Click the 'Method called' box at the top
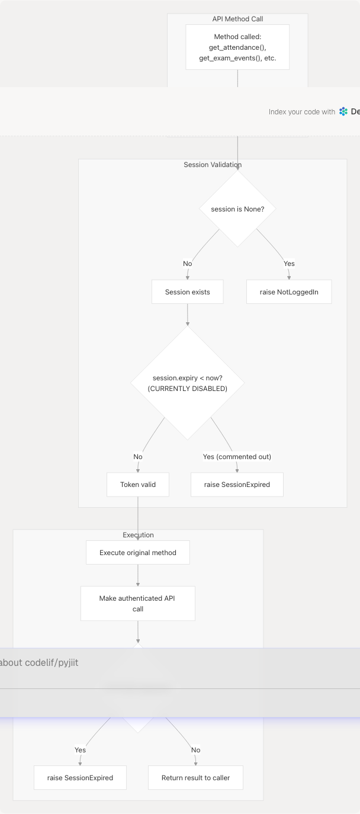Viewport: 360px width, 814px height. tap(237, 47)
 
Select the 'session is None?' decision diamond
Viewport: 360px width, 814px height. tap(237, 209)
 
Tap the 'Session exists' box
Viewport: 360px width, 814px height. tap(187, 292)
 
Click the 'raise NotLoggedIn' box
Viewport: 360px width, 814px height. tap(288, 292)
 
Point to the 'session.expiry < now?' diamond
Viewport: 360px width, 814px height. tap(188, 383)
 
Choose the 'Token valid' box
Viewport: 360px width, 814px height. tap(138, 485)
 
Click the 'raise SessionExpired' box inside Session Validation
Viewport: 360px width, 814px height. tap(237, 485)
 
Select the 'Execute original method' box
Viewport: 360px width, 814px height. tap(138, 553)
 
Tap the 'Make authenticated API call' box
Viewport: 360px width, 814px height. tap(138, 604)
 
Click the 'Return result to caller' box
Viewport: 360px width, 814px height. tap(195, 778)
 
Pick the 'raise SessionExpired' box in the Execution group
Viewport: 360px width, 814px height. tap(80, 778)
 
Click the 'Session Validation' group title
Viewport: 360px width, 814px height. tap(213, 165)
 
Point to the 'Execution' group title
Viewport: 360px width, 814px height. tap(138, 535)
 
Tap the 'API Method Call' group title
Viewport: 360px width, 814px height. tap(237, 19)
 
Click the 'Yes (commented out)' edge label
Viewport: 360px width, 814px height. tap(237, 457)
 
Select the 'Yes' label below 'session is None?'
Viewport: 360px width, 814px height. tap(289, 264)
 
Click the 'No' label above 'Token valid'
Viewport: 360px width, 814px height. tap(138, 457)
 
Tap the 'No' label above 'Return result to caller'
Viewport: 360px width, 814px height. tap(195, 750)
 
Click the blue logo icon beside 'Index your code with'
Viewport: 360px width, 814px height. tap(343, 111)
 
